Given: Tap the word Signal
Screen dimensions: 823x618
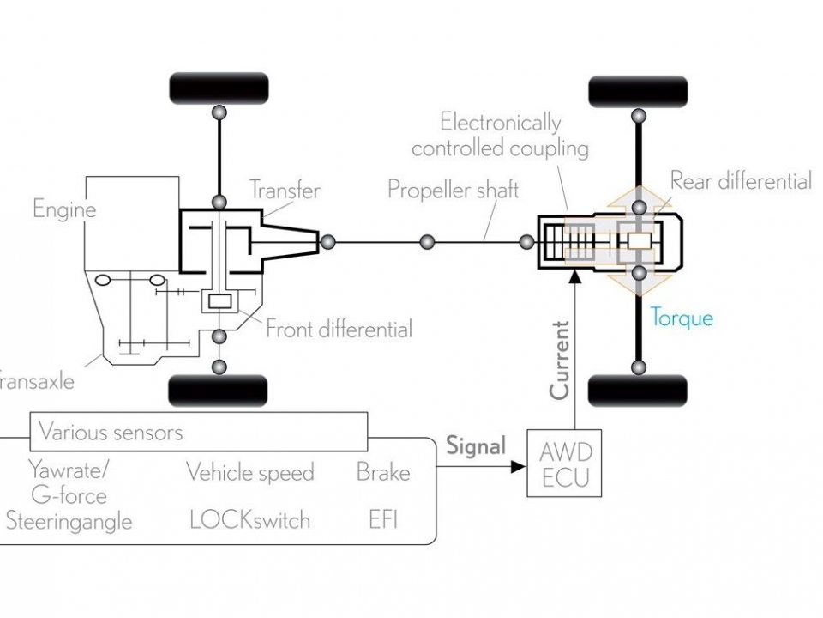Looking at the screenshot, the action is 476,445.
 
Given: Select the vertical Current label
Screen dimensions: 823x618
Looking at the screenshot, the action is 560,360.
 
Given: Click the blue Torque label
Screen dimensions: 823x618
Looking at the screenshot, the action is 682,318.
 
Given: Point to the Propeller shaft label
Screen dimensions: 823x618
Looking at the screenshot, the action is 453,189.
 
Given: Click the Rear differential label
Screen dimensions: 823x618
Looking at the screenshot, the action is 741,181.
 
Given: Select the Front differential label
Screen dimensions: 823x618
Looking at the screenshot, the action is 339,329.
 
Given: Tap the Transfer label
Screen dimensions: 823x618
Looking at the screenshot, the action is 285,191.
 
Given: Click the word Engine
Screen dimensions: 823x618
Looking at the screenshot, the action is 64,209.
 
